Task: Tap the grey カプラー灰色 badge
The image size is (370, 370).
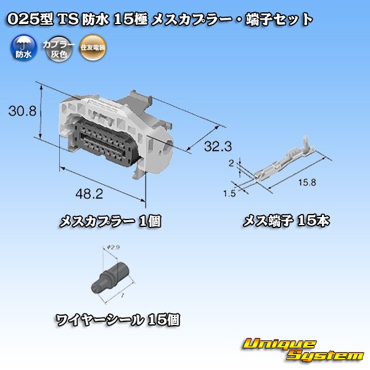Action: click(57, 47)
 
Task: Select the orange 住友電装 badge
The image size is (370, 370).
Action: click(93, 47)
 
